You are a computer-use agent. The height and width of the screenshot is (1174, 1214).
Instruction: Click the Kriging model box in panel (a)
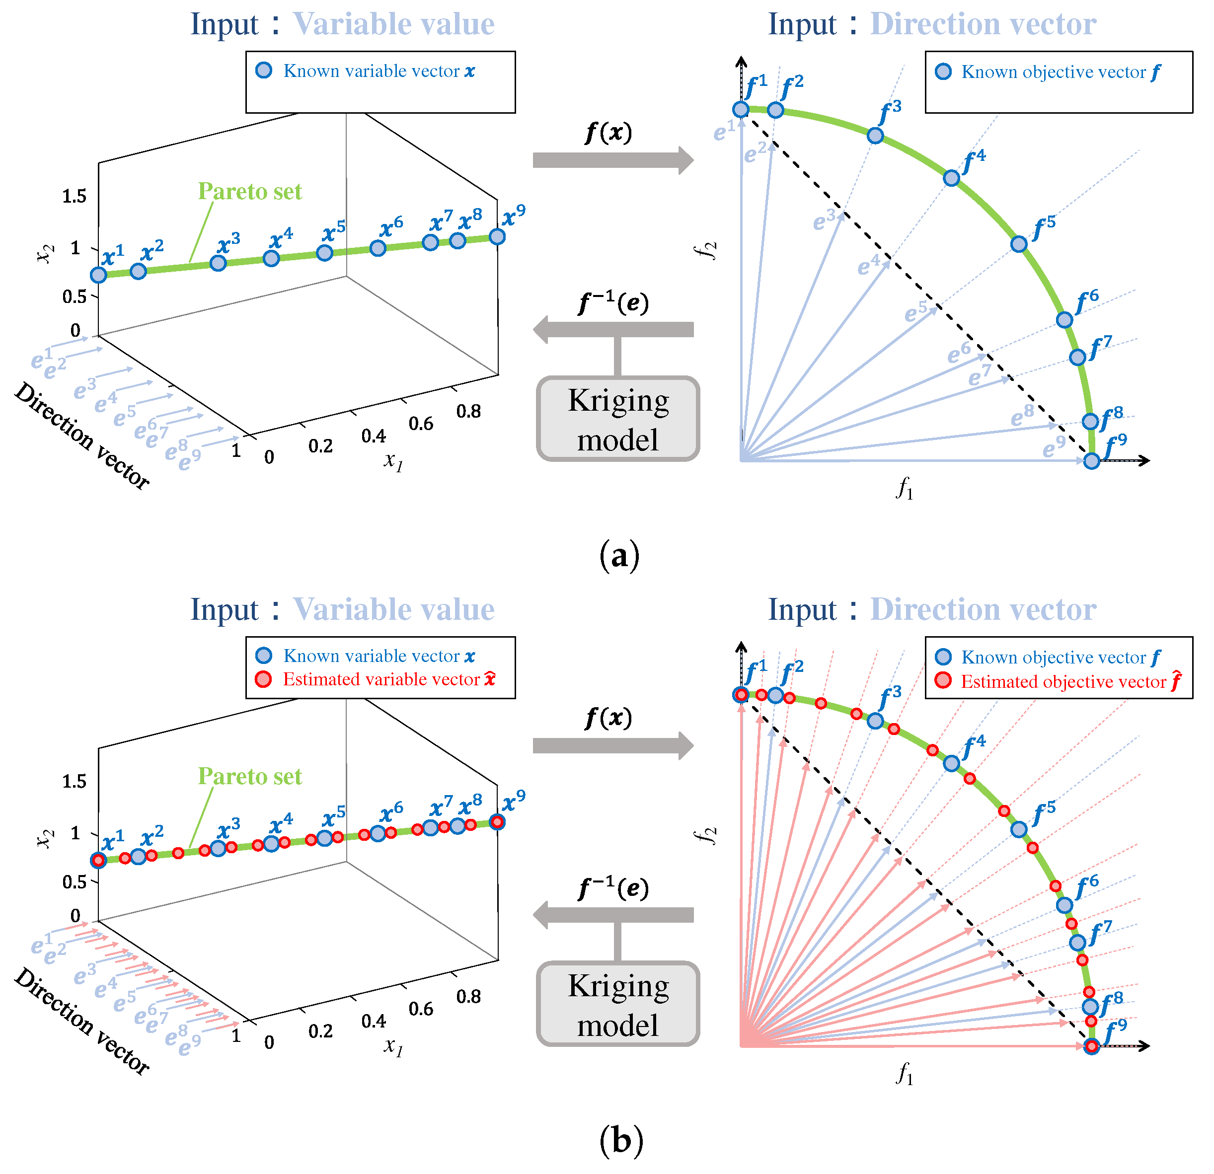point(618,419)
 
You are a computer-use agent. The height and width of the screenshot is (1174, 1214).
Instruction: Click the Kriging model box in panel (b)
point(618,1004)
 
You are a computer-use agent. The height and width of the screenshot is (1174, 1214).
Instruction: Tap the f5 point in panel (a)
point(1019,244)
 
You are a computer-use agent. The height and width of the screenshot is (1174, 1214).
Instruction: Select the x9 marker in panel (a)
point(497,236)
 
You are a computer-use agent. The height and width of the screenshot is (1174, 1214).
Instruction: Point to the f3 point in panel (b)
point(875,721)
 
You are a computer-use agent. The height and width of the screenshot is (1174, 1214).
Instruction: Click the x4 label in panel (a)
point(281,238)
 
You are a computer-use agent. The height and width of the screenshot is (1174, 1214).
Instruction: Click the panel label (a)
point(619,555)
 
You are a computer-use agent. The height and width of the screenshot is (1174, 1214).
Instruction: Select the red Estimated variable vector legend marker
point(264,679)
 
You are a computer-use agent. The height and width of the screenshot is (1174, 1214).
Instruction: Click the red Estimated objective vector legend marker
point(943,681)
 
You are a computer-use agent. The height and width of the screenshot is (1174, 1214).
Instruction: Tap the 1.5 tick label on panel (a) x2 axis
point(75,196)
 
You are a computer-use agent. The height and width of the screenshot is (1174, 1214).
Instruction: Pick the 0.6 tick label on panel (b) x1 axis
point(421,1009)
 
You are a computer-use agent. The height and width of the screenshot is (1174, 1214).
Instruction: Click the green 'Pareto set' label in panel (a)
point(250,191)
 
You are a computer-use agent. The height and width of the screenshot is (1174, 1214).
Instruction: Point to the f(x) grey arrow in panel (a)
point(612,160)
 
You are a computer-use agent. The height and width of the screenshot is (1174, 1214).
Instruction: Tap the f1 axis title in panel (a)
point(905,490)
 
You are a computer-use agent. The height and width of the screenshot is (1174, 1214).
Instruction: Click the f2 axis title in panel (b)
point(705,835)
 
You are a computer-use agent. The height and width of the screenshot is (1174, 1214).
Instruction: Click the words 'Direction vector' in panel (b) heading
point(983,609)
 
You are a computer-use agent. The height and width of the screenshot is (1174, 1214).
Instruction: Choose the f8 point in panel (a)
point(1091,421)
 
